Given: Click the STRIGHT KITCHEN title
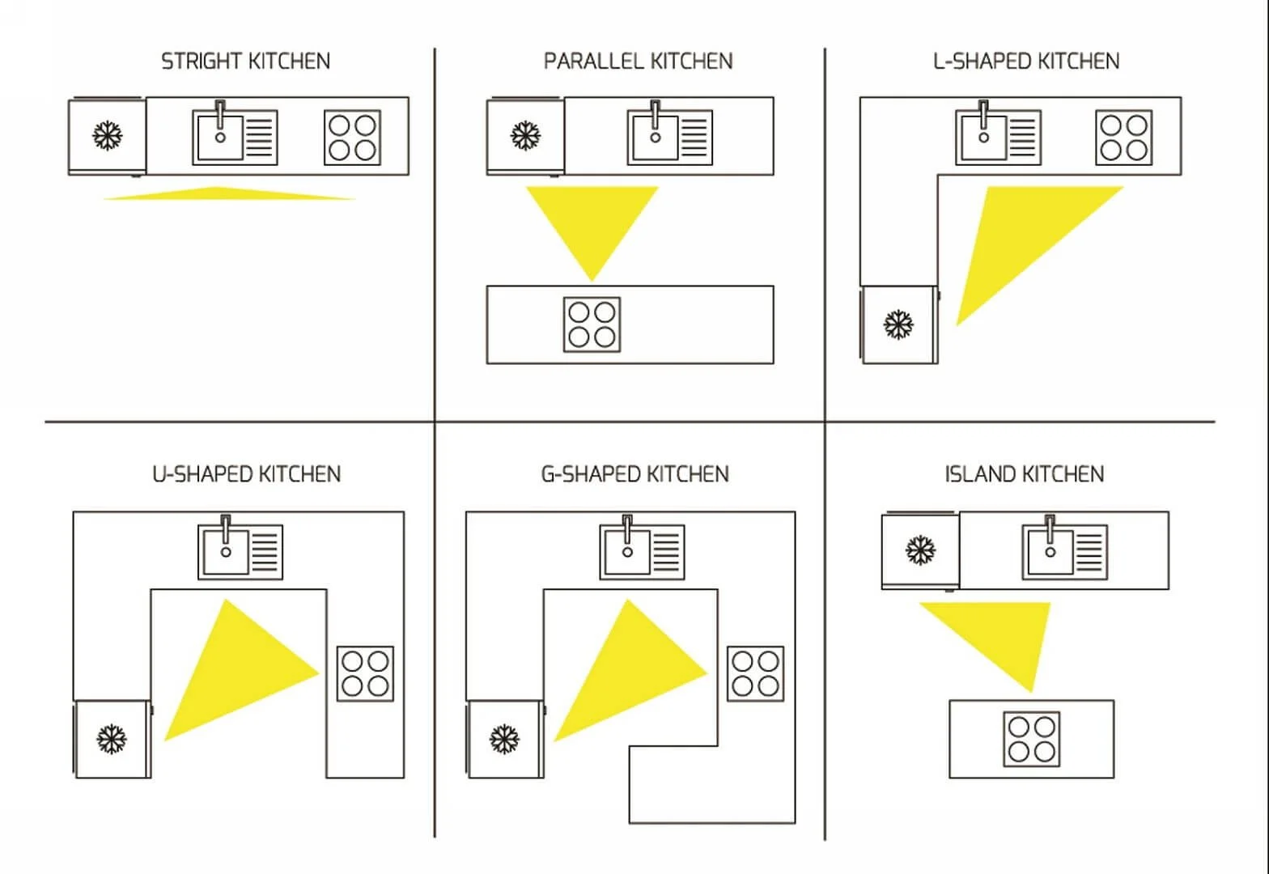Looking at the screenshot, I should (x=245, y=61).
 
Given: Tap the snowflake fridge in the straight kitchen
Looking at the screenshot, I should (x=107, y=136).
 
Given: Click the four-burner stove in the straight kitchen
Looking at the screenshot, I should (x=353, y=138).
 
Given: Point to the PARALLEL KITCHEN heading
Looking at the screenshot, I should (x=638, y=61).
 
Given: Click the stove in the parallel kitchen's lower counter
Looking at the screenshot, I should (x=592, y=325).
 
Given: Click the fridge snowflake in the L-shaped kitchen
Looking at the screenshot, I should (x=898, y=325).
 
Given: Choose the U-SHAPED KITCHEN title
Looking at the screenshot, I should (x=246, y=473).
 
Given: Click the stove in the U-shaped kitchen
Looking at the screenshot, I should (x=365, y=673).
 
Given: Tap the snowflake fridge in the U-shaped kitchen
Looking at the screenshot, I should (x=112, y=739).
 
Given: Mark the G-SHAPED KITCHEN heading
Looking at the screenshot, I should (x=634, y=473).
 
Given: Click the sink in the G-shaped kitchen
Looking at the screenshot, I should (x=642, y=552).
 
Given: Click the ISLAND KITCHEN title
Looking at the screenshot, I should (x=1024, y=473).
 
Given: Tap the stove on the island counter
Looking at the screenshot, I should (x=1032, y=739).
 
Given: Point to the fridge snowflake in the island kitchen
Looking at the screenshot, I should (x=920, y=550).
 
